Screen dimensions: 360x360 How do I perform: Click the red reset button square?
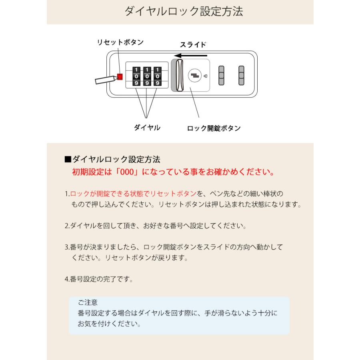pos(120,76)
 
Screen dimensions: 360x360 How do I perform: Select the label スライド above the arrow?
pos(193,45)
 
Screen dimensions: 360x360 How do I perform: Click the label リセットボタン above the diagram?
pos(120,42)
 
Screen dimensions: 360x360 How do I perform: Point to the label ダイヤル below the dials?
pos(147,128)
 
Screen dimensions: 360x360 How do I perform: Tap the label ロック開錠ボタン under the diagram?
pos(214,128)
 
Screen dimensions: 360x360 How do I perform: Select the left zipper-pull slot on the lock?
pos(221,75)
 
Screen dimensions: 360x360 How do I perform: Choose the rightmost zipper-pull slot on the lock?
pos(241,75)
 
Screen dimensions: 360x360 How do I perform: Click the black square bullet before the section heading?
pos(68,160)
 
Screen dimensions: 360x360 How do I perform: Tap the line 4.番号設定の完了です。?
pos(99,279)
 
